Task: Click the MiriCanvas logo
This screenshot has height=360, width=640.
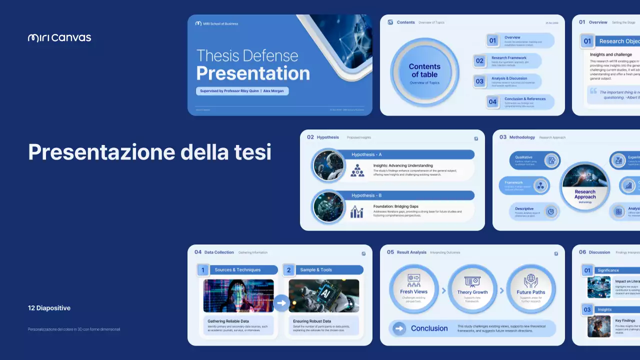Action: point(59,37)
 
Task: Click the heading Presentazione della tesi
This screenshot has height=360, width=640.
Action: point(149,151)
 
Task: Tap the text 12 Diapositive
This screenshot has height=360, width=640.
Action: point(49,308)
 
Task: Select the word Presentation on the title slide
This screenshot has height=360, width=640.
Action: point(253,73)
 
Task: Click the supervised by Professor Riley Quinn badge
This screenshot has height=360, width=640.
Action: point(242,91)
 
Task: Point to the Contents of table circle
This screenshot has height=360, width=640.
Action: point(424,72)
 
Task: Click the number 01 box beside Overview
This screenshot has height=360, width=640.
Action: point(492,40)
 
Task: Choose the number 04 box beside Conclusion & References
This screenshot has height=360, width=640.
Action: point(492,102)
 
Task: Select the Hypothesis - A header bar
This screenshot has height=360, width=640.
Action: point(410,154)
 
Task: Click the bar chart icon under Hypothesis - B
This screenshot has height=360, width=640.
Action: point(356,211)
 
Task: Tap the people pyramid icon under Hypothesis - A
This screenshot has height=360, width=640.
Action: point(356,170)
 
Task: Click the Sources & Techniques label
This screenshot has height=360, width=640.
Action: point(237,270)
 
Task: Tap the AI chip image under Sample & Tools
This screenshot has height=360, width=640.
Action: point(323,295)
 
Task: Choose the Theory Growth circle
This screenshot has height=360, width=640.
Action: point(472,289)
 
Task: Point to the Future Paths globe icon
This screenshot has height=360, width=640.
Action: point(530,280)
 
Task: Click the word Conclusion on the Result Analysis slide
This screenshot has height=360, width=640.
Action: point(429,328)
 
